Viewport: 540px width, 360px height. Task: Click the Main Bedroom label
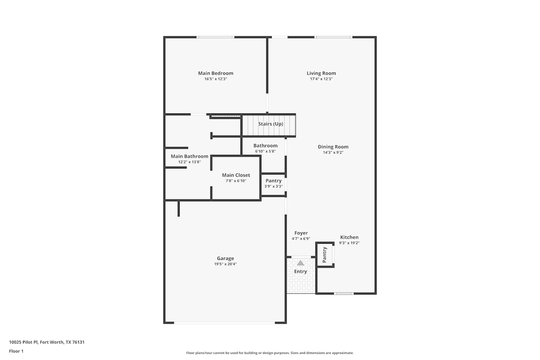click(216, 73)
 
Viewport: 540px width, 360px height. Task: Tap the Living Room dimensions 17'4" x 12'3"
click(321, 79)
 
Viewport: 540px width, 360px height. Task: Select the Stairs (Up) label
click(270, 124)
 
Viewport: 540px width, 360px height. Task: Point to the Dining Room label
click(333, 147)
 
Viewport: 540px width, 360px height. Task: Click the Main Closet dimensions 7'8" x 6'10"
click(236, 181)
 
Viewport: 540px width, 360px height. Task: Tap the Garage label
click(225, 258)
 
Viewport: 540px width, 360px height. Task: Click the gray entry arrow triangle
click(300, 263)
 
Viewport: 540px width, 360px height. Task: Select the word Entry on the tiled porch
click(300, 271)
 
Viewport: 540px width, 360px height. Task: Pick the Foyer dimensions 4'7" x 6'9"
click(301, 239)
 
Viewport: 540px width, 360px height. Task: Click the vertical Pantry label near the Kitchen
click(324, 255)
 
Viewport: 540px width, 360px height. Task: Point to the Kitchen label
click(349, 237)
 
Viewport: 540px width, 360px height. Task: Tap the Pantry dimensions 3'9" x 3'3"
click(273, 186)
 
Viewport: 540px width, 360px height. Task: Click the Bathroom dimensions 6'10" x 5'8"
click(265, 152)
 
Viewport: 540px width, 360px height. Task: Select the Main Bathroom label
click(189, 156)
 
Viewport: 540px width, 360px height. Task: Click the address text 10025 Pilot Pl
click(23, 342)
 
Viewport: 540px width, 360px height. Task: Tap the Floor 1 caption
click(16, 351)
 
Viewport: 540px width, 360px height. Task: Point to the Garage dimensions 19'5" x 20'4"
click(225, 264)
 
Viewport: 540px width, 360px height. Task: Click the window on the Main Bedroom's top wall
click(215, 37)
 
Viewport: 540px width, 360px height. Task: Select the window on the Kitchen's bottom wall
click(344, 293)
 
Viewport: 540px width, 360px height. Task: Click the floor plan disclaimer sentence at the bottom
click(270, 353)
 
